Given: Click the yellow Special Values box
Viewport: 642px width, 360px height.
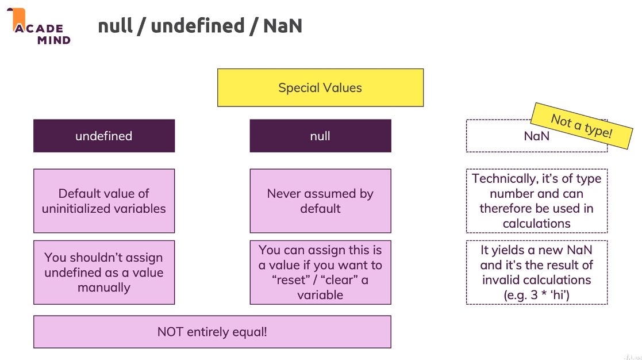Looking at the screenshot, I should (320, 88).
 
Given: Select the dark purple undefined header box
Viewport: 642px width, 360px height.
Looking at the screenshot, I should (104, 136).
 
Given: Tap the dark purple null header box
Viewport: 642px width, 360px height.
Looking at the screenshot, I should (320, 136).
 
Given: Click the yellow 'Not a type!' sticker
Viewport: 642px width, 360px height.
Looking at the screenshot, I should (581, 126).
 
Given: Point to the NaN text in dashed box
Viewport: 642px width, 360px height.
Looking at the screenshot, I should (536, 136).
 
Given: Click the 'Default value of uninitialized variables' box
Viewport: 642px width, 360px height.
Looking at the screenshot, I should (104, 201).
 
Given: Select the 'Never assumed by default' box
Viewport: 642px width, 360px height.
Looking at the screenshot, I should (320, 201).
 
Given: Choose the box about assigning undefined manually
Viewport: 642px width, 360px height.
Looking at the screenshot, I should (104, 272).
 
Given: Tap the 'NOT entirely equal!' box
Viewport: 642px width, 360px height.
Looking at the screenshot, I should (212, 332).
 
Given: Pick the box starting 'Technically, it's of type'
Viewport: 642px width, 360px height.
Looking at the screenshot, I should (536, 201).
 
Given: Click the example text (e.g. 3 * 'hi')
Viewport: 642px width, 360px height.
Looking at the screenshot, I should (536, 294).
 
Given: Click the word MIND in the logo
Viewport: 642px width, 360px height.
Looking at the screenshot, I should (53, 40).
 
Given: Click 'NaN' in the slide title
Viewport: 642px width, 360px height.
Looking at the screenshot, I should (282, 26).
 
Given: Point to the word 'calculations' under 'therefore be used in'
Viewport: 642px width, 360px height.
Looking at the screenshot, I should (536, 223).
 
